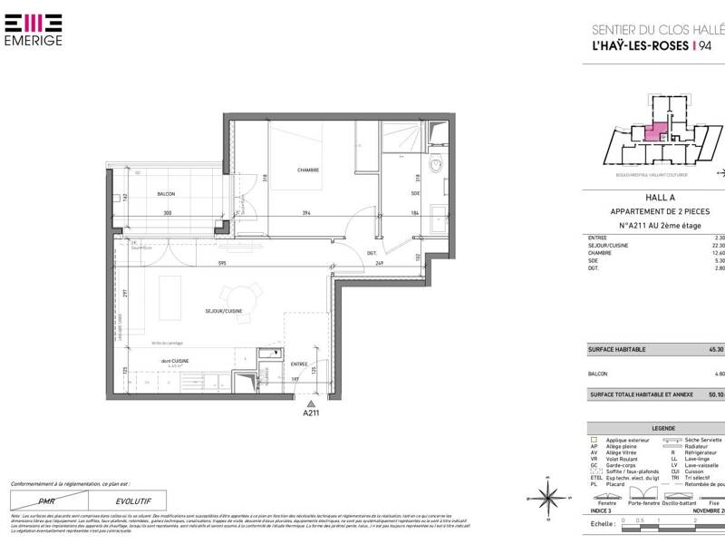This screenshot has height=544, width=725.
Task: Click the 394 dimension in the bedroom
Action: point(307,214)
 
